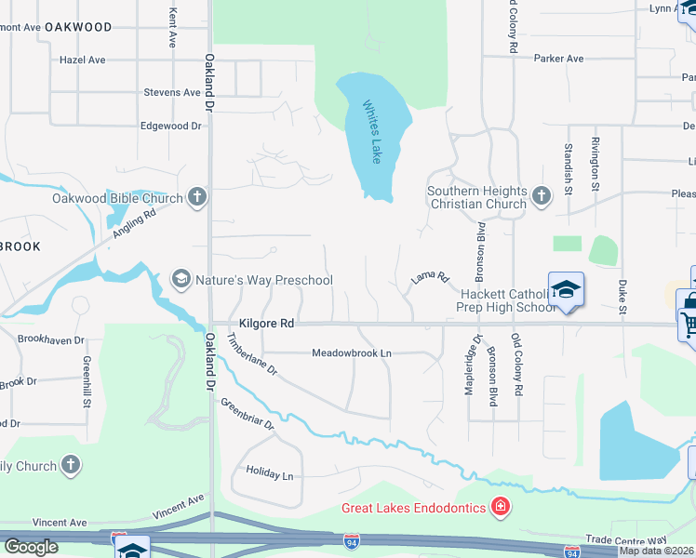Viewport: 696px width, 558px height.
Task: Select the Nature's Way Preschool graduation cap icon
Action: coord(181,279)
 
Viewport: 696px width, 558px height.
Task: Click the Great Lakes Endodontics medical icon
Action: coord(501,508)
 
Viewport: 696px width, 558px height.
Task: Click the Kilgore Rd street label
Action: coord(266,324)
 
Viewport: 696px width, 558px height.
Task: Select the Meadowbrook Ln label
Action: coord(351,353)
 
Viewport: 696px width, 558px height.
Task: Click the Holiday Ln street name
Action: coord(269,473)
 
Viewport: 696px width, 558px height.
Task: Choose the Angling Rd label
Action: coord(134,222)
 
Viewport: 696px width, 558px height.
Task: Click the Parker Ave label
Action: coord(558,59)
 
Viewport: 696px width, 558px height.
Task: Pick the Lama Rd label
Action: coord(430,277)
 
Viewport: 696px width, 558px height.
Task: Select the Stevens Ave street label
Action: coord(172,93)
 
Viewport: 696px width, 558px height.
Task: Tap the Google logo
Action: coord(31,547)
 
